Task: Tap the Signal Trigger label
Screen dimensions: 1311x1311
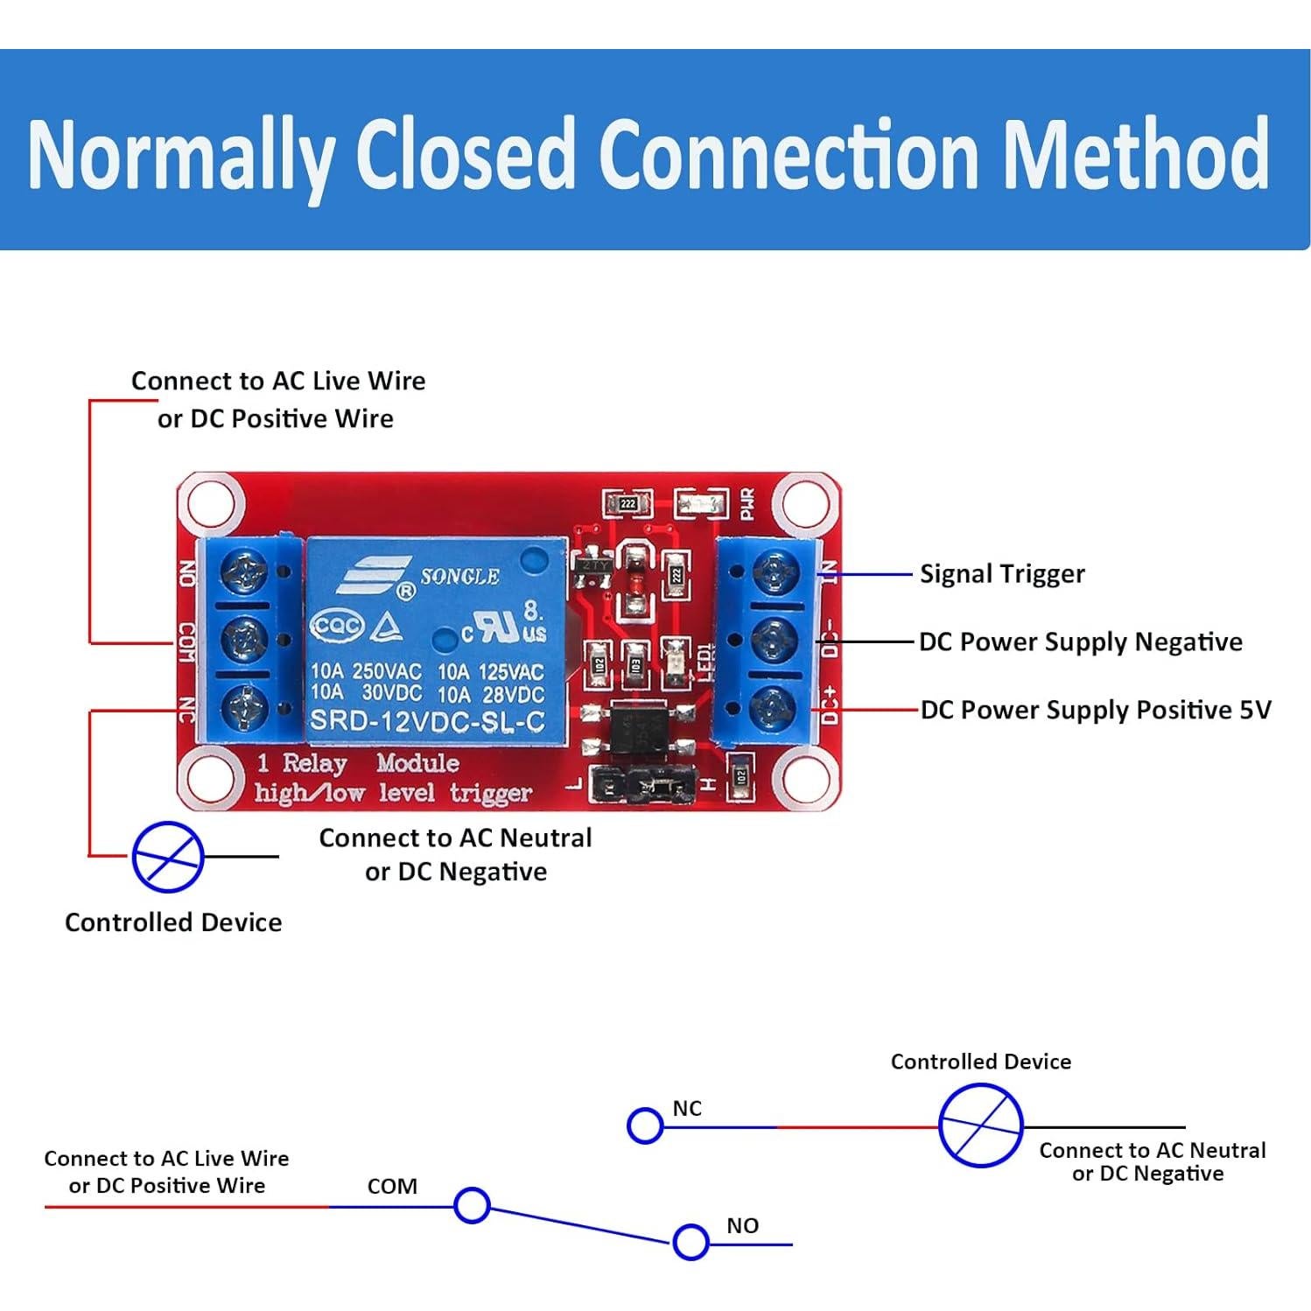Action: coord(1002,574)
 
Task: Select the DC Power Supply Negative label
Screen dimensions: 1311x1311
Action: coord(1080,641)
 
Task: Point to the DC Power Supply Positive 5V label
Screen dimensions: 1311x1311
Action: coord(1095,710)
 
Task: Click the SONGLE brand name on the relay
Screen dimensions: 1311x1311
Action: coord(459,577)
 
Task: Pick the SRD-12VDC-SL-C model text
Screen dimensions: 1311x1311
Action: coord(427,722)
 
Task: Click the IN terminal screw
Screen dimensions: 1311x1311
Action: coord(774,574)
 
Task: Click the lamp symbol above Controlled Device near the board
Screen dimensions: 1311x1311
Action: coord(167,857)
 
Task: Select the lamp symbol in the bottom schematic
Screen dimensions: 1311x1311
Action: coord(980,1125)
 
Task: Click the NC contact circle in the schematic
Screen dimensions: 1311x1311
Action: coord(645,1125)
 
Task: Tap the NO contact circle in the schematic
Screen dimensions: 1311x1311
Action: coord(691,1242)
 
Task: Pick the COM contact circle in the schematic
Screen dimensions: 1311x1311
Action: coord(472,1205)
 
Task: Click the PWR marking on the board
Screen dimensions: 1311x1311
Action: coord(747,503)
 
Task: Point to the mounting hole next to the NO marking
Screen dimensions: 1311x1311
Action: coord(210,503)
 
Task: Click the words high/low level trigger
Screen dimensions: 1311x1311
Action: coord(393,793)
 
